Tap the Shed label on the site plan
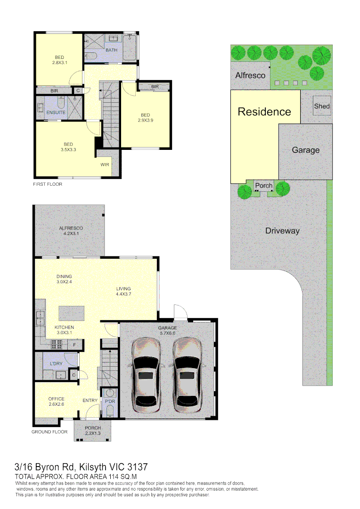click(322, 106)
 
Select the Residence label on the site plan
click(264, 112)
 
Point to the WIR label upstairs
click(105, 165)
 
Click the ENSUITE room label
click(56, 112)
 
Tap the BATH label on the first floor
click(112, 50)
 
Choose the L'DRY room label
click(57, 364)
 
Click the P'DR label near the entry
click(110, 402)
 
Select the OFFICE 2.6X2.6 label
click(56, 401)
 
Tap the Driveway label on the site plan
click(282, 231)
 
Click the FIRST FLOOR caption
click(48, 184)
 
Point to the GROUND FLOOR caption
click(49, 432)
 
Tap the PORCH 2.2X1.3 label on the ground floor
click(93, 430)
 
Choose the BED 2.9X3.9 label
click(145, 117)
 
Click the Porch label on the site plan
click(263, 186)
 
